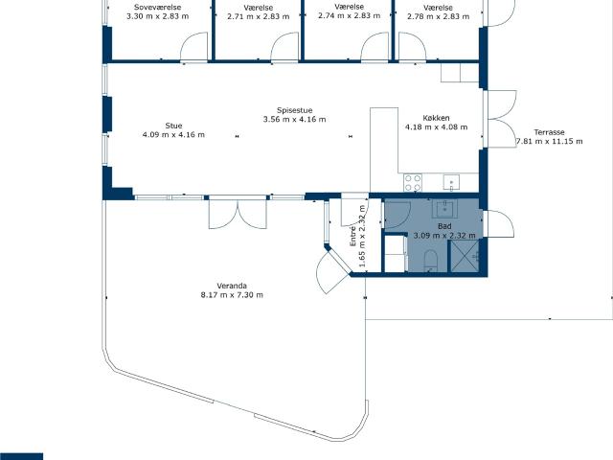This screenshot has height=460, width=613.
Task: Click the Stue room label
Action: point(173,126)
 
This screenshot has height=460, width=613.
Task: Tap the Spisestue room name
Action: point(294,111)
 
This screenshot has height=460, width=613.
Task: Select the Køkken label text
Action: point(436,118)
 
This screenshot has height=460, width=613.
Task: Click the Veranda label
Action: point(232,286)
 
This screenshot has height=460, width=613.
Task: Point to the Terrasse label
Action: point(549,132)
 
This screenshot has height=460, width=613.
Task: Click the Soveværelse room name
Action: point(157,7)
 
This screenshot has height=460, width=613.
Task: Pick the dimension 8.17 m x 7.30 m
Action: point(232,295)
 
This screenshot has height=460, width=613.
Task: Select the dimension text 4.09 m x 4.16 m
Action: point(173,134)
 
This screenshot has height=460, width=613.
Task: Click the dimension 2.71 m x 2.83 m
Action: point(259,16)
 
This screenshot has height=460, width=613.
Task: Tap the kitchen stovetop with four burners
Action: point(413,183)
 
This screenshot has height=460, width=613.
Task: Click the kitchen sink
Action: point(451,183)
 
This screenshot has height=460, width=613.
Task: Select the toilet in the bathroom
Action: point(430,260)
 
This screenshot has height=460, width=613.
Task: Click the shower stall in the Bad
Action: point(465,256)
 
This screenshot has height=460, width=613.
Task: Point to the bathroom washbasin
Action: point(444,209)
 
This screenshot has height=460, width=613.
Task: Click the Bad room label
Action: point(444,226)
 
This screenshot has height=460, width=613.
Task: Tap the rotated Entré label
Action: point(353,236)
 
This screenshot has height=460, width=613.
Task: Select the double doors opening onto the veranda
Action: point(238,214)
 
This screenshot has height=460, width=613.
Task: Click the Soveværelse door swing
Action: point(193,47)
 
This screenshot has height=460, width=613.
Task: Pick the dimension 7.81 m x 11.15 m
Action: point(549,141)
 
